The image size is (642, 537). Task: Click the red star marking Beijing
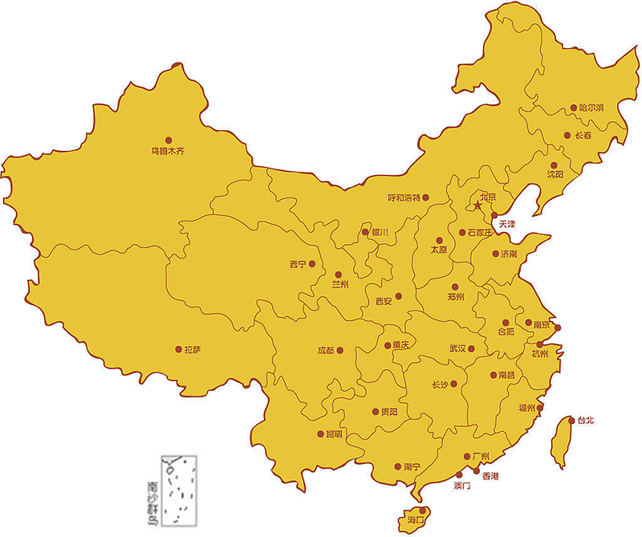[x=477, y=206]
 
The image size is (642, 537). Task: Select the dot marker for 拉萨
[x=177, y=349]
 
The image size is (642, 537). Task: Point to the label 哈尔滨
[x=591, y=107]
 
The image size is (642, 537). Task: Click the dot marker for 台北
[x=571, y=420]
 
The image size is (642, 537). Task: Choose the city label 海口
[x=416, y=521]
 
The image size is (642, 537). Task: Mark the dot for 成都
[x=340, y=350]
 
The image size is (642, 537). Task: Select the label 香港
[x=490, y=476]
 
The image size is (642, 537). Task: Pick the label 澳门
[x=462, y=486]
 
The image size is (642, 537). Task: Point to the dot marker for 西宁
[x=312, y=264]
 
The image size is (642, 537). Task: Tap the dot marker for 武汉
[x=472, y=348]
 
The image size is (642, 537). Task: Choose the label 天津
[x=508, y=225]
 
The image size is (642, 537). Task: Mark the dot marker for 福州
[x=540, y=408]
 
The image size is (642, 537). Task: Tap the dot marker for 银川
[x=366, y=232]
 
